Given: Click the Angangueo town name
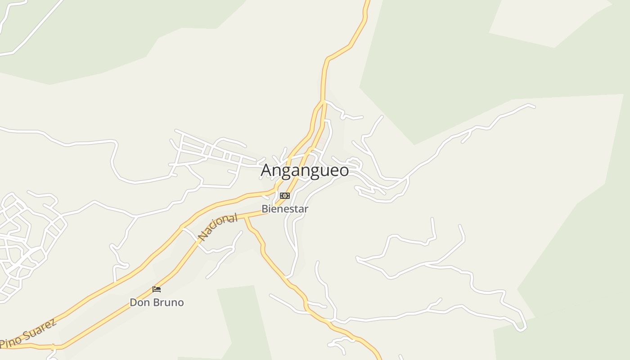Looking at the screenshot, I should (305, 171).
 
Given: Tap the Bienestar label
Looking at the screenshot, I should (285, 209).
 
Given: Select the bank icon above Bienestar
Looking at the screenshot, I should (285, 195).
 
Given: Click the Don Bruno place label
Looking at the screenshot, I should (157, 302).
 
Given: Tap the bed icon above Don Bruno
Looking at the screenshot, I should (157, 289).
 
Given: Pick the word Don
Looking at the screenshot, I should (139, 302).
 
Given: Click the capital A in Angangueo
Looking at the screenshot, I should (267, 171).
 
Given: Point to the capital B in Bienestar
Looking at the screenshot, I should (265, 209).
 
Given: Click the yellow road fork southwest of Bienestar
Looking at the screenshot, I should (246, 218).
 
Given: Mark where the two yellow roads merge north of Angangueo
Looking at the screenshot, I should (323, 102).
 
